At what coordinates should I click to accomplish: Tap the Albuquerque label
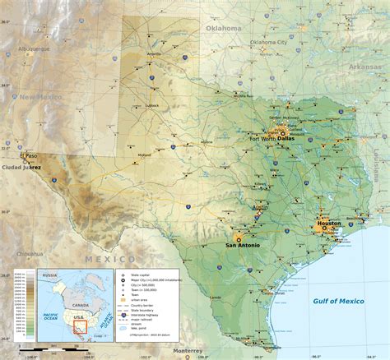[34, 48]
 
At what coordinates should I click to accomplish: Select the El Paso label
[29, 155]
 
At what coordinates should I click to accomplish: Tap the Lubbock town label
[151, 105]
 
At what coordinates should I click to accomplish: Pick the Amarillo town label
[154, 54]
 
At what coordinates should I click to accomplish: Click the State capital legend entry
[142, 274]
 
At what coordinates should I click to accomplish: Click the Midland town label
[145, 155]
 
